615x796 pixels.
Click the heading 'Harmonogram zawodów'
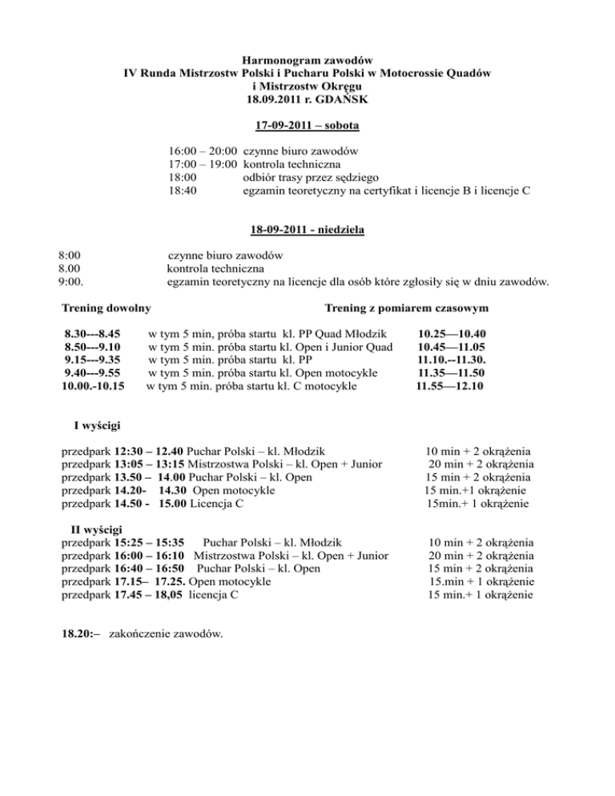pos(307,59)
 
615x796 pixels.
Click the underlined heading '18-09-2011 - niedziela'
pos(307,231)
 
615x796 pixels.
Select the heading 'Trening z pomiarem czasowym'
pos(407,308)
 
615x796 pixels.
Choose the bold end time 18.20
pos(78,634)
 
